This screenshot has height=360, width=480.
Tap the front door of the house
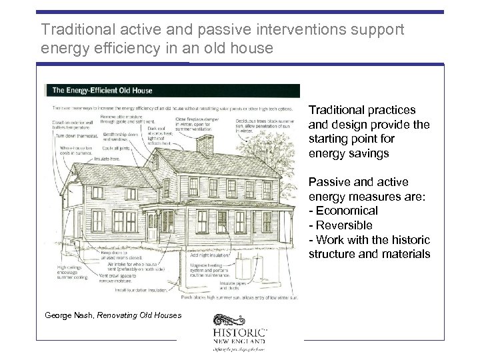point(152,227)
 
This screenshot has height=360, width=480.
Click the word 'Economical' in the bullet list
point(346,211)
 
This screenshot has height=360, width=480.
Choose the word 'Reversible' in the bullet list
point(345,225)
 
